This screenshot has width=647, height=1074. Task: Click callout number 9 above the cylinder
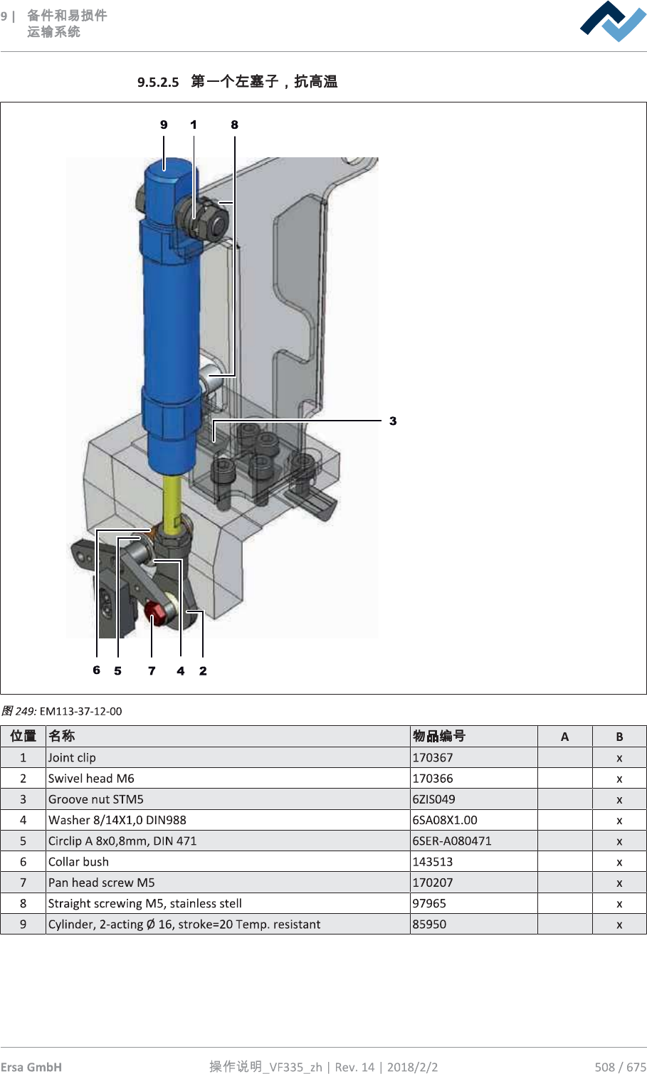(x=164, y=125)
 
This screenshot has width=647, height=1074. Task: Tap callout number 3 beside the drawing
(x=393, y=421)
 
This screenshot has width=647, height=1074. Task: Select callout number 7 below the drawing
(x=152, y=670)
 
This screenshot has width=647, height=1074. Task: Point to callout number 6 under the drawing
(x=97, y=670)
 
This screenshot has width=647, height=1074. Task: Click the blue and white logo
(x=613, y=21)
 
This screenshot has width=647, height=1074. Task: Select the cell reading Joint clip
(x=72, y=757)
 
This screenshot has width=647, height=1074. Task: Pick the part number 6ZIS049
(x=433, y=799)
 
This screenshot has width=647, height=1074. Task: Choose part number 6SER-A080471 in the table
(x=452, y=841)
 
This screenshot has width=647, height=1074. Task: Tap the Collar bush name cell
(x=79, y=862)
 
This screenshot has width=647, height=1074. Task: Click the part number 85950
(x=429, y=924)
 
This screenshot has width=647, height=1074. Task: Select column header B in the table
(x=619, y=737)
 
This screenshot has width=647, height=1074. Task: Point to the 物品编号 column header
(x=439, y=736)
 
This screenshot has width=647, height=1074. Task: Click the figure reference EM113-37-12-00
(x=80, y=711)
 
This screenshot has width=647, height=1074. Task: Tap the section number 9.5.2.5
(x=158, y=83)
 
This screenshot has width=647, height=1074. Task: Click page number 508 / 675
(x=620, y=1066)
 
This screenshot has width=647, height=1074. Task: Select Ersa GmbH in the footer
(x=31, y=1066)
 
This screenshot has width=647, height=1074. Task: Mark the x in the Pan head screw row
(x=619, y=883)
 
